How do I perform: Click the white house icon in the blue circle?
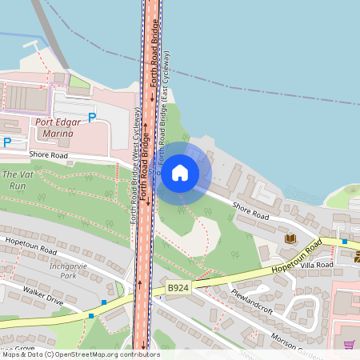[x=180, y=172]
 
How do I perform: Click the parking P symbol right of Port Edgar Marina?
[x=92, y=118]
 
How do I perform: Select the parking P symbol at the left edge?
[x=7, y=142]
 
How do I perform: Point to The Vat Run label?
[x=18, y=179]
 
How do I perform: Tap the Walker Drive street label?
[x=43, y=298]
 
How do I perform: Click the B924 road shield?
[x=178, y=287]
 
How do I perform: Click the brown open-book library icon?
[x=290, y=238]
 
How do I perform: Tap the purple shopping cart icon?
[x=349, y=345]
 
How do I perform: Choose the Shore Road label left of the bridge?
[x=50, y=154]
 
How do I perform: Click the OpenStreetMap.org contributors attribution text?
[x=115, y=354]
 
